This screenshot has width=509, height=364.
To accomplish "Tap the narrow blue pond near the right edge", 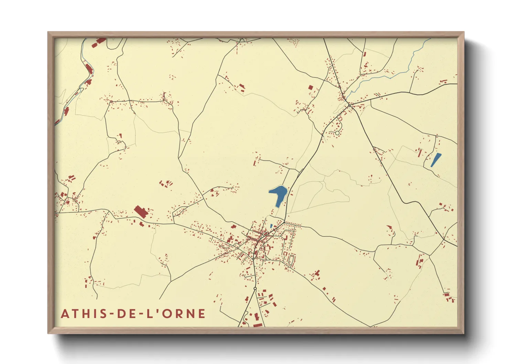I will point(436,160).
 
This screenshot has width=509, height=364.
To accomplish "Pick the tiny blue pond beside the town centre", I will point(271,226).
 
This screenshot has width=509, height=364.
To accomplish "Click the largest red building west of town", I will point(141,212).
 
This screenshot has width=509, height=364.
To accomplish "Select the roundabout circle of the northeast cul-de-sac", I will point(337,133).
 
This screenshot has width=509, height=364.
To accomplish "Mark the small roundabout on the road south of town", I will point(255,288).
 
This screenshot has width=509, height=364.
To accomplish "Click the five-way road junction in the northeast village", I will point(349,105).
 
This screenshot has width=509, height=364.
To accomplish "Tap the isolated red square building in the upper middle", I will point(311,87).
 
